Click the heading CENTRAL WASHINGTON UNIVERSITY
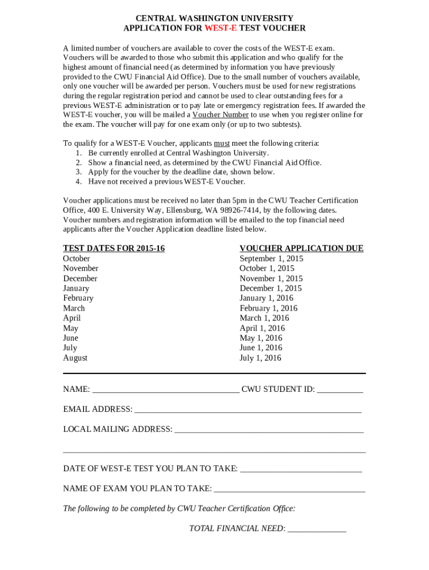click(x=214, y=18)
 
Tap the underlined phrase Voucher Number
click(x=221, y=115)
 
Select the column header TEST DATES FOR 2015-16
click(x=114, y=248)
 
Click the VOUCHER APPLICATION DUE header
click(x=301, y=248)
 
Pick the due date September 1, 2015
click(x=271, y=258)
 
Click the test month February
click(x=78, y=298)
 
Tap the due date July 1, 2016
click(x=260, y=358)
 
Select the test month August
click(x=75, y=358)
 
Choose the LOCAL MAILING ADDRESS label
click(x=118, y=429)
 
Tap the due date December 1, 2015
click(x=271, y=288)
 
